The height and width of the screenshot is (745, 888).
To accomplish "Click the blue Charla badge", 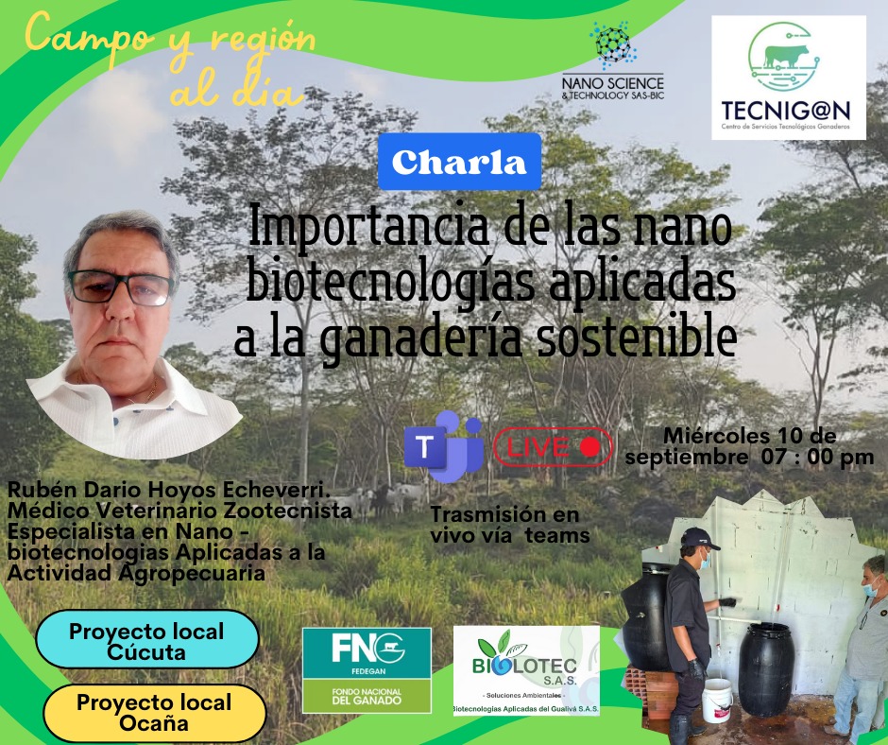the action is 459,162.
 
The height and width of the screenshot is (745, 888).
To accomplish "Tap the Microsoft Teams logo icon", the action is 443,447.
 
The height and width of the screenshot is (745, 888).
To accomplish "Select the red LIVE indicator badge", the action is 553,447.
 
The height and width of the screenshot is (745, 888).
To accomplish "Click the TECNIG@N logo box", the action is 789,78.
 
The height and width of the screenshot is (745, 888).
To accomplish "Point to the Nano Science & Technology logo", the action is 613,61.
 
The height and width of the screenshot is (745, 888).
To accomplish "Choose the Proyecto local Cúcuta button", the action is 147,641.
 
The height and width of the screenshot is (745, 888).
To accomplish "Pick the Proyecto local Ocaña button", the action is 154,713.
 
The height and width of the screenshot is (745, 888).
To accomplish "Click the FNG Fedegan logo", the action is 367,670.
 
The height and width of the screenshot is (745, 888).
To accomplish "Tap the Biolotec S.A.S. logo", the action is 527,670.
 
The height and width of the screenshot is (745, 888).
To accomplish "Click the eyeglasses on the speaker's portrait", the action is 120,287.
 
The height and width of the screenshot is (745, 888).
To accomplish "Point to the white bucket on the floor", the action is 717,700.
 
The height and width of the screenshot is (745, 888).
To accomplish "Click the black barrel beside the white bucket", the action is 765,669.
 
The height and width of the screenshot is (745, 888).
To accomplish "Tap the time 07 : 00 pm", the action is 817,457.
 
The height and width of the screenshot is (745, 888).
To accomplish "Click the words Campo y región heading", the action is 170,37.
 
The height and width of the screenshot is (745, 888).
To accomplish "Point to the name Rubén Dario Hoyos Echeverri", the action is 169,490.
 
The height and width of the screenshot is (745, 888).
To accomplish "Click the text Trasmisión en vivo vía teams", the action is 510,525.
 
